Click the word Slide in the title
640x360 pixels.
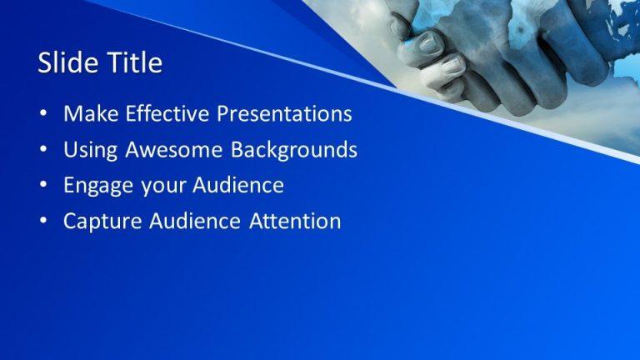point(65,63)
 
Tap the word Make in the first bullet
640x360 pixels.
point(87,114)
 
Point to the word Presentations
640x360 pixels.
point(284,114)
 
